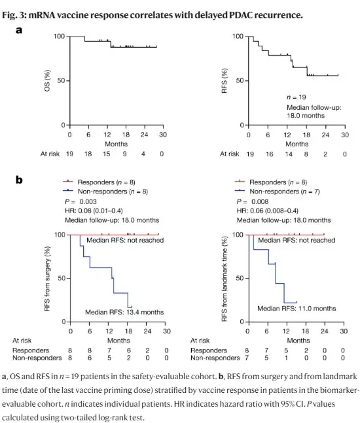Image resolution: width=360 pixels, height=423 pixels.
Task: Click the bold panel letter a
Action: pyautogui.click(x=19, y=30)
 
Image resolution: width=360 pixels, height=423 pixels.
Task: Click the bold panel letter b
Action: pyautogui.click(x=19, y=180)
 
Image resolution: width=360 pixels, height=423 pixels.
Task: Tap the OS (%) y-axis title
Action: pyautogui.click(x=47, y=80)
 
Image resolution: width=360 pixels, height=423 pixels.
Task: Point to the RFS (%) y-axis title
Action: pyautogui.click(x=224, y=80)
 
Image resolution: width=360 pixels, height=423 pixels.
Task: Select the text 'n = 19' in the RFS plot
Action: pyautogui.click(x=297, y=97)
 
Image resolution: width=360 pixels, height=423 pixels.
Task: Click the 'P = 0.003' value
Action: pyautogui.click(x=81, y=202)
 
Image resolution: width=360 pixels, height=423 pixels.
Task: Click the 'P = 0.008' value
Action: pyautogui.click(x=253, y=202)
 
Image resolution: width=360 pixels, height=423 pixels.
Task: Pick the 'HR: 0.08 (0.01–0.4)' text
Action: pyautogui.click(x=94, y=211)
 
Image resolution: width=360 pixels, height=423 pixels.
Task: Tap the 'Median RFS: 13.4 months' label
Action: pyautogui.click(x=124, y=312)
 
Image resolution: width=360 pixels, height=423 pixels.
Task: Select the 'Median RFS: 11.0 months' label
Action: pyautogui.click(x=297, y=309)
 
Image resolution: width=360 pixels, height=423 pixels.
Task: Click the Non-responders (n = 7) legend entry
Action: pyautogui.click(x=278, y=192)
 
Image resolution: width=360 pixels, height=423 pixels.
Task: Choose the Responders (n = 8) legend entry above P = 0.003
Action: pyautogui.click(x=99, y=182)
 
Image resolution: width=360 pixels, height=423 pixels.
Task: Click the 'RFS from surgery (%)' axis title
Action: pyautogui.click(x=47, y=279)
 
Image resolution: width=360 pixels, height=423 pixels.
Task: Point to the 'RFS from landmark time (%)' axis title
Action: pyautogui.click(x=224, y=279)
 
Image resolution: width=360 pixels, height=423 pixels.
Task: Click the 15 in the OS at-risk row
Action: pyautogui.click(x=107, y=154)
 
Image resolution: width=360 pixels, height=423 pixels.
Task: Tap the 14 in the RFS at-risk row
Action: pyautogui.click(x=289, y=154)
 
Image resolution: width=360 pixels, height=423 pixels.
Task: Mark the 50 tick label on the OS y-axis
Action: pyautogui.click(x=61, y=80)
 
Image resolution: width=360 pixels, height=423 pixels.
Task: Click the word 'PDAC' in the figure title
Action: pyautogui.click(x=240, y=15)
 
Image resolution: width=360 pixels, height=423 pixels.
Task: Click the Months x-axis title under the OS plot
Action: pyautogui.click(x=116, y=144)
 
